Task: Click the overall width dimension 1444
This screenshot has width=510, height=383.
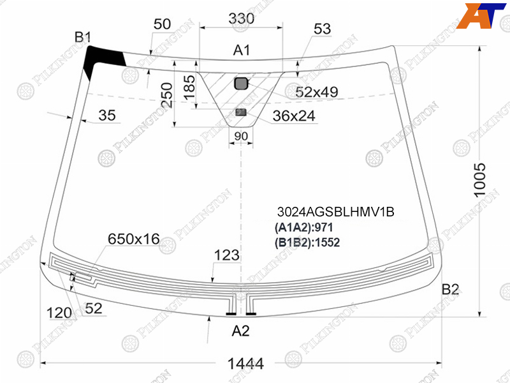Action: pyautogui.click(x=245, y=363)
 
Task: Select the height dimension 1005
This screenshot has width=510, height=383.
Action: pyautogui.click(x=480, y=180)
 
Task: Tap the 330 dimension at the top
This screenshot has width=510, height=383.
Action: pyautogui.click(x=241, y=19)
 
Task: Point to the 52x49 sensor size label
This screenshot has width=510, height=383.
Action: pyautogui.click(x=316, y=92)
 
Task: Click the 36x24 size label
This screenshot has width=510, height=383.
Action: pyautogui.click(x=294, y=116)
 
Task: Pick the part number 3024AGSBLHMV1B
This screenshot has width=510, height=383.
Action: pyautogui.click(x=336, y=212)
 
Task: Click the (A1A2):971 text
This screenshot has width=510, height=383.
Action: pyautogui.click(x=303, y=227)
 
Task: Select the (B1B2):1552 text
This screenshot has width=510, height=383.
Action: pyautogui.click(x=307, y=243)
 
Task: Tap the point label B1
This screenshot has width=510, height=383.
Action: pyautogui.click(x=83, y=37)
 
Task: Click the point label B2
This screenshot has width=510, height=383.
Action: pyautogui.click(x=450, y=289)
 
